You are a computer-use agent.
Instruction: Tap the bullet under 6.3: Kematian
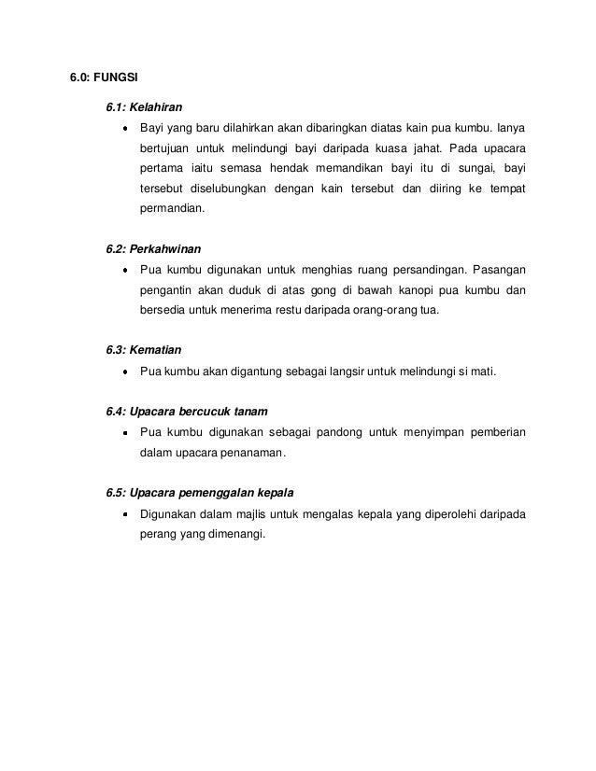(x=124, y=372)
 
